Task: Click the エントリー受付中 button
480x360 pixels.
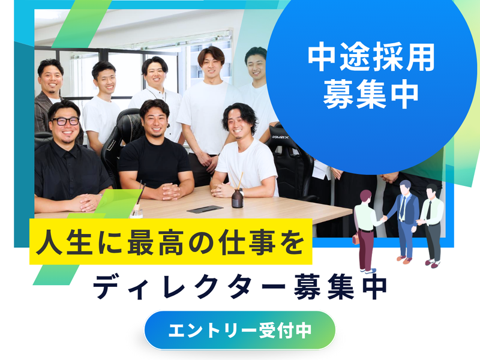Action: pyautogui.click(x=239, y=330)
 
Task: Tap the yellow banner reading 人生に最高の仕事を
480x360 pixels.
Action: pyautogui.click(x=171, y=241)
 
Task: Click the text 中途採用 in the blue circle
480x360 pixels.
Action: pyautogui.click(x=371, y=58)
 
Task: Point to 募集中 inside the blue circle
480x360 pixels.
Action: pyautogui.click(x=371, y=94)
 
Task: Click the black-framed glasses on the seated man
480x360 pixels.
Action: pyautogui.click(x=65, y=121)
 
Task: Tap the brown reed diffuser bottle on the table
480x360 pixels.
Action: pyautogui.click(x=237, y=198)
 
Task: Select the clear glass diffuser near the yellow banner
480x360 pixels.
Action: pyautogui.click(x=136, y=211)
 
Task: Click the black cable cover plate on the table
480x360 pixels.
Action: pyautogui.click(x=205, y=209)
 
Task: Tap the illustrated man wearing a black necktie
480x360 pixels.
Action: pyautogui.click(x=431, y=226)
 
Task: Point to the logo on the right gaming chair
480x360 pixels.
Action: pyautogui.click(x=281, y=137)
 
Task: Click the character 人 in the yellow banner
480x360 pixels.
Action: pyautogui.click(x=49, y=242)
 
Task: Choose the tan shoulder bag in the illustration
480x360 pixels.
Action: pyautogui.click(x=355, y=238)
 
